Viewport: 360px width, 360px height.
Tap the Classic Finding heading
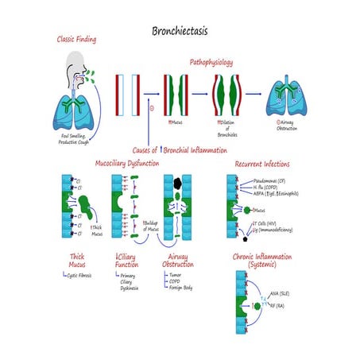coord(83,39)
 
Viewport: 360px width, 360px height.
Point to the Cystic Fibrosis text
coord(86,274)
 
